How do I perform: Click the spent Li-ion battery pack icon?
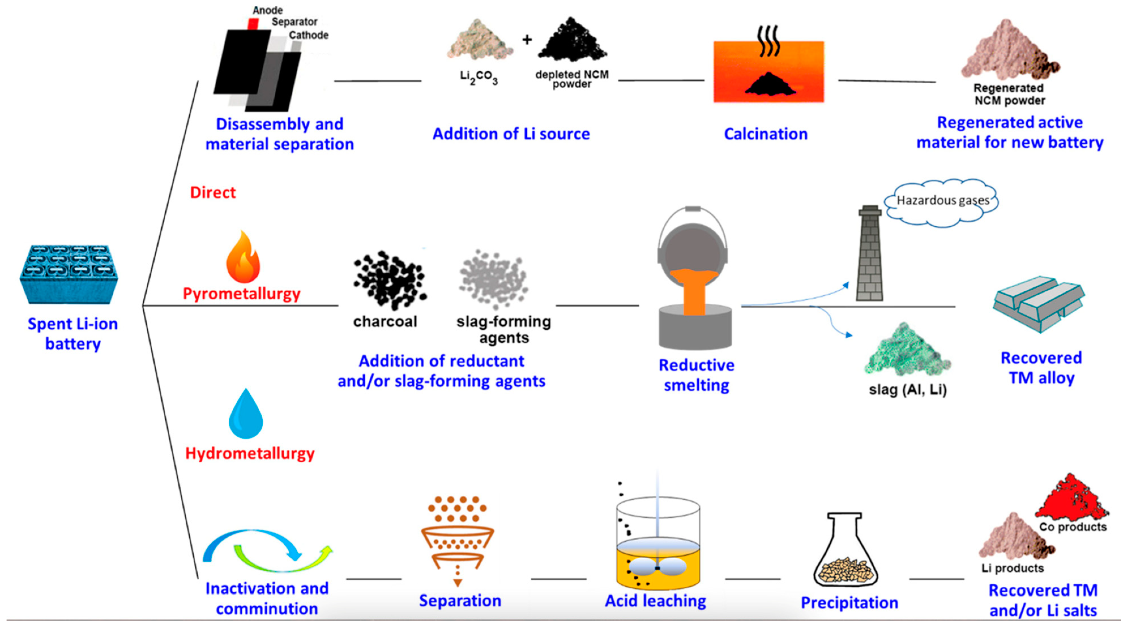pyautogui.click(x=69, y=275)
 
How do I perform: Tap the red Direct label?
pyautogui.click(x=213, y=193)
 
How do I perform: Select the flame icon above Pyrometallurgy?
pyautogui.click(x=243, y=258)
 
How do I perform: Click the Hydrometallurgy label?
pyautogui.click(x=250, y=453)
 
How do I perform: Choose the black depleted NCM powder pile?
pyautogui.click(x=572, y=42)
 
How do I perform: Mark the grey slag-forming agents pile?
pyautogui.click(x=493, y=279)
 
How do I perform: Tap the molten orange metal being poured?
pyautogui.click(x=694, y=290)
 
